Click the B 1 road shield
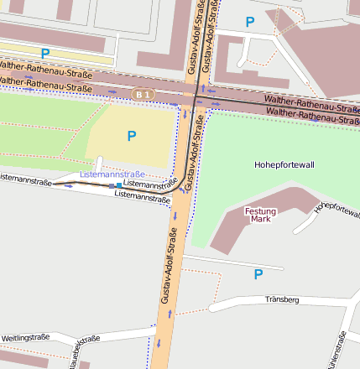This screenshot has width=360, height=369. pyautogui.click(x=142, y=95)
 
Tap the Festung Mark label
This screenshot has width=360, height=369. pyautogui.click(x=260, y=215)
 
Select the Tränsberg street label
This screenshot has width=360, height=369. pyautogui.click(x=281, y=299)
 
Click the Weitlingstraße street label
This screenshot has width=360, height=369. pyautogui.click(x=25, y=337)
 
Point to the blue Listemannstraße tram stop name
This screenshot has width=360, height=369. pyautogui.click(x=106, y=174)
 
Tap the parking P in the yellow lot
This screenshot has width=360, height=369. pyautogui.click(x=131, y=136)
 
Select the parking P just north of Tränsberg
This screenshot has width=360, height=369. pyautogui.click(x=258, y=274)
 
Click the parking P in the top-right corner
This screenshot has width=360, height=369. pyautogui.click(x=249, y=21)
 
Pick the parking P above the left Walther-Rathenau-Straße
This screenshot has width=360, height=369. pyautogui.click(x=44, y=53)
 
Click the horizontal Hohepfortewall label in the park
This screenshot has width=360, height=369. pyautogui.click(x=284, y=165)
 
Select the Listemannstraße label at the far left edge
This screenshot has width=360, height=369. pyautogui.click(x=25, y=179)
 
